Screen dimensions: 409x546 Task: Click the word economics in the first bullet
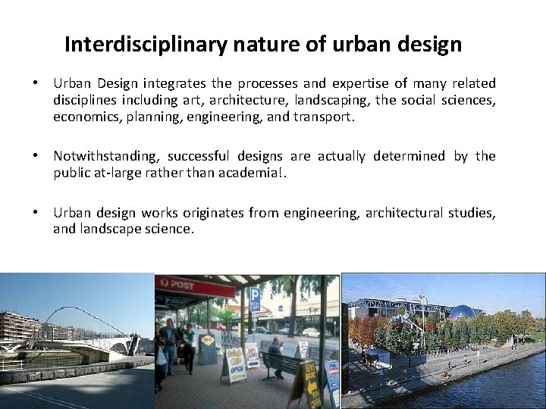tap(86, 117)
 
